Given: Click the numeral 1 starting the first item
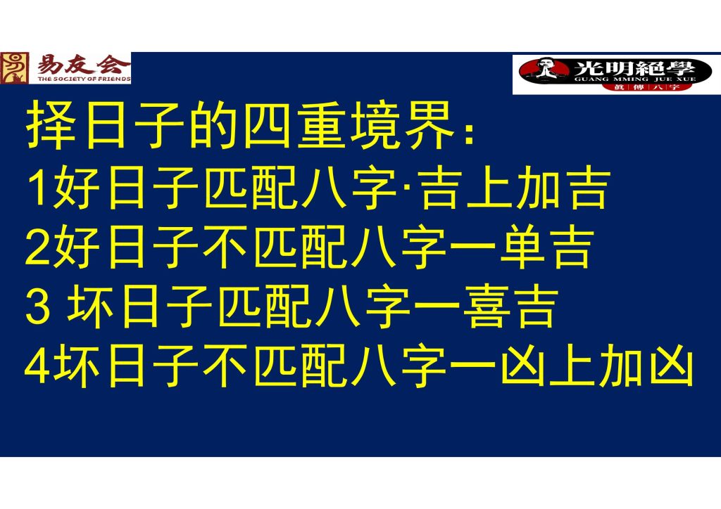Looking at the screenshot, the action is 39,188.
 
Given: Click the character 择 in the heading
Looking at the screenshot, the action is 51,125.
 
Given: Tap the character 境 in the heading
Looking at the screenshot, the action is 375,125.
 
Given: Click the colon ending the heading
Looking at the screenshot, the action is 469,133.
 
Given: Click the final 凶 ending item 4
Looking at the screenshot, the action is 671,366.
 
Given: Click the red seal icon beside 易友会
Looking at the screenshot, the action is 15,68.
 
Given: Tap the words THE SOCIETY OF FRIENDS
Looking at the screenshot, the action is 84,79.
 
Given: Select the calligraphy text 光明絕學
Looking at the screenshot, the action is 634,68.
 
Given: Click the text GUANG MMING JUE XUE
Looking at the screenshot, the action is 635,79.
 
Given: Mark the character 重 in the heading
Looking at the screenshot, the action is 321,125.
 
